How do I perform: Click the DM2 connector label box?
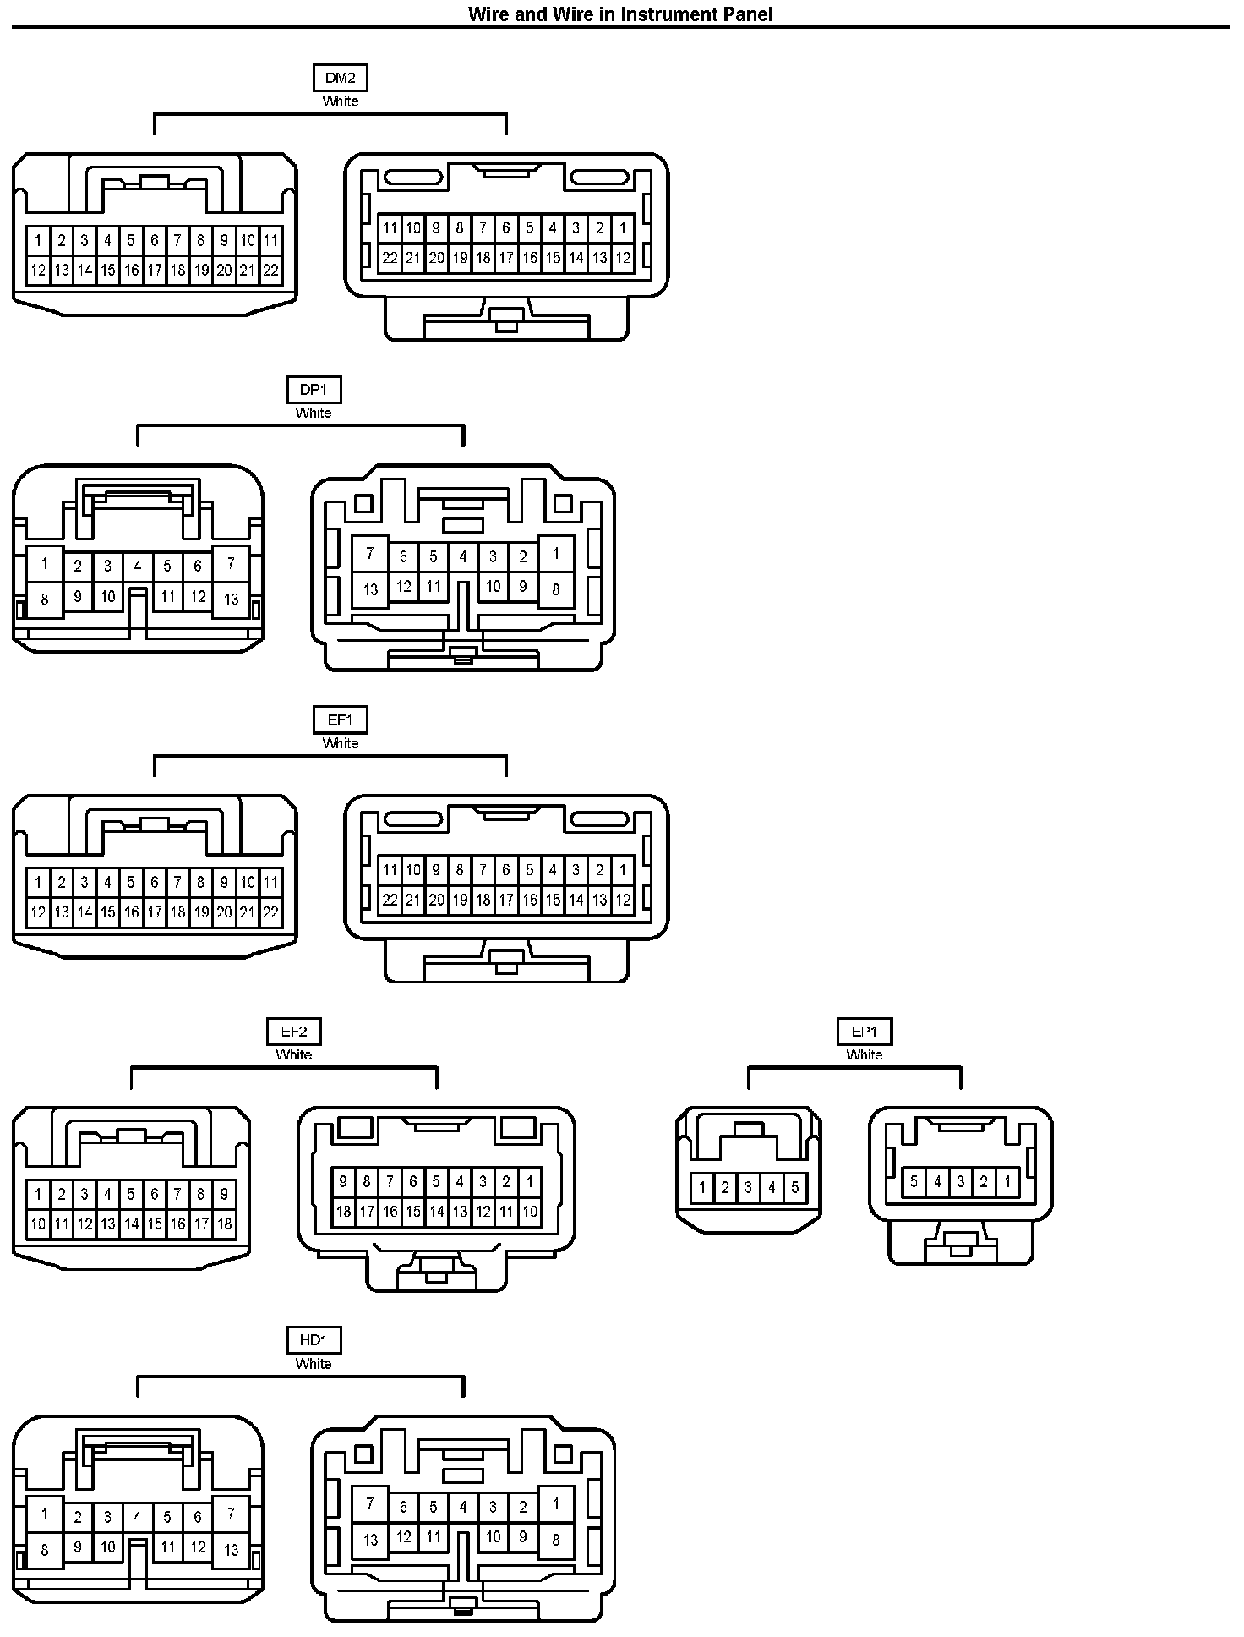[341, 78]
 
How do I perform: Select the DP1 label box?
[314, 390]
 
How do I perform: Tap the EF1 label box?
[341, 720]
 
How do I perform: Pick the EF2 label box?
[294, 1032]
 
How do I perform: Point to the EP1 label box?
[865, 1032]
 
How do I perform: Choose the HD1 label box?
[314, 1340]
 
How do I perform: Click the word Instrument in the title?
[664, 14]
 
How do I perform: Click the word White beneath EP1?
[865, 1054]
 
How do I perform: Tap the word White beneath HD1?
[314, 1363]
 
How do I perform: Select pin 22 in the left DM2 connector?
[270, 271]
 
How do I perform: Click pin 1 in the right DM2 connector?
[623, 227]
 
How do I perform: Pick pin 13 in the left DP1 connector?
[231, 600]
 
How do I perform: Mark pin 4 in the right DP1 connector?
[463, 556]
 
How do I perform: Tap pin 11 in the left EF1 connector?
[270, 883]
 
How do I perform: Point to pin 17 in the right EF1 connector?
[506, 901]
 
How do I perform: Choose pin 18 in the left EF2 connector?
[224, 1224]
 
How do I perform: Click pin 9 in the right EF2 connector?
[343, 1182]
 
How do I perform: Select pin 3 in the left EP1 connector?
[748, 1188]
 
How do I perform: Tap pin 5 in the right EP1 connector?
[914, 1181]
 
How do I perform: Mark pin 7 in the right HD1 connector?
[369, 1504]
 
